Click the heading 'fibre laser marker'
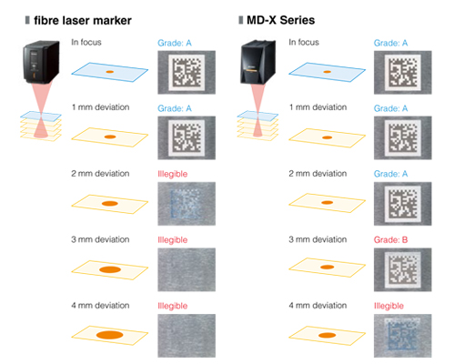point(83,21)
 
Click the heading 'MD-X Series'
point(280,20)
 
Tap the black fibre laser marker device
point(42,62)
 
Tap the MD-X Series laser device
point(258,62)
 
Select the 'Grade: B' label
point(390,239)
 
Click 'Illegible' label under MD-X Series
point(389,306)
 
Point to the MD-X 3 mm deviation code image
point(402,269)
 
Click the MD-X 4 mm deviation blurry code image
point(402,336)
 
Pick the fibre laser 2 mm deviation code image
point(187,204)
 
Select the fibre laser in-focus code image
point(187,72)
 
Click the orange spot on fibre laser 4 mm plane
point(109,335)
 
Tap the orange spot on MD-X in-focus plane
point(327,72)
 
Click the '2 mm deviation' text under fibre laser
point(100,174)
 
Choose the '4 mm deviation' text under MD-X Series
point(318,306)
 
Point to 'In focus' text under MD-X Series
point(304,42)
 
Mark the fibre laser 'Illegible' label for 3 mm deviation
point(172,240)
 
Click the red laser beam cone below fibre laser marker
point(41,109)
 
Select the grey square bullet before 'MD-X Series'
point(241,20)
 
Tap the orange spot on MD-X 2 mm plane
point(327,202)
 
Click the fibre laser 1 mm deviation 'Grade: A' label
point(175,108)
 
